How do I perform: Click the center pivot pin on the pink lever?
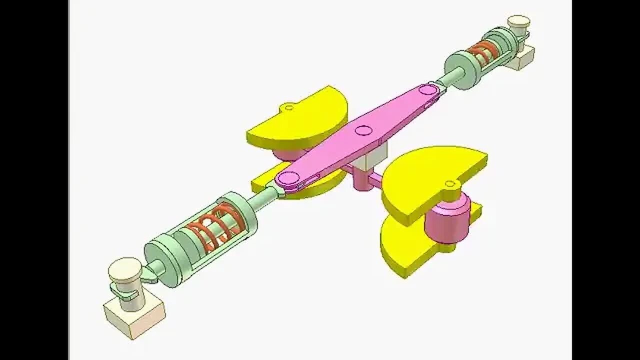(x=363, y=131)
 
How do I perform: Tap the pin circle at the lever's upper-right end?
(x=428, y=90)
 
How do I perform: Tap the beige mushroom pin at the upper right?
(x=518, y=22)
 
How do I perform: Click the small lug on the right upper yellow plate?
(x=449, y=184)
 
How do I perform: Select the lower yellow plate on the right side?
(x=407, y=247)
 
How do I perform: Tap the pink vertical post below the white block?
(x=361, y=180)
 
